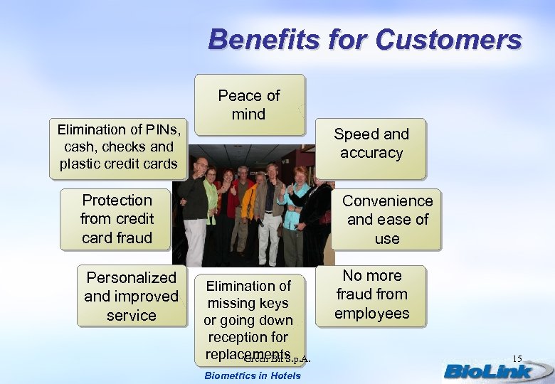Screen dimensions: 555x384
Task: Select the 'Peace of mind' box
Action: [249, 105]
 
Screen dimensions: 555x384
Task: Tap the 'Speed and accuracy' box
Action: [371, 144]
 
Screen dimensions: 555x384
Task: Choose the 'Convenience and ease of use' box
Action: [387, 219]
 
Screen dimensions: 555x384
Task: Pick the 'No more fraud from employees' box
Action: [371, 294]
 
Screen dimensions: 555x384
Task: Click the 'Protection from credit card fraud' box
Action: [117, 219]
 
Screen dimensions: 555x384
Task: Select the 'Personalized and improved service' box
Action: [131, 296]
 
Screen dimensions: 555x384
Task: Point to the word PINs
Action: [164, 129]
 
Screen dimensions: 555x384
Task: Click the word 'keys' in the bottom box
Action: [273, 304]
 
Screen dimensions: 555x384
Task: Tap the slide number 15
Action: [517, 358]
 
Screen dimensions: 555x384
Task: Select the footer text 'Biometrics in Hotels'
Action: [252, 375]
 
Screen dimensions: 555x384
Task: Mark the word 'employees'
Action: [371, 314]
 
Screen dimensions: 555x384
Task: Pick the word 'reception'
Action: [248, 337]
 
